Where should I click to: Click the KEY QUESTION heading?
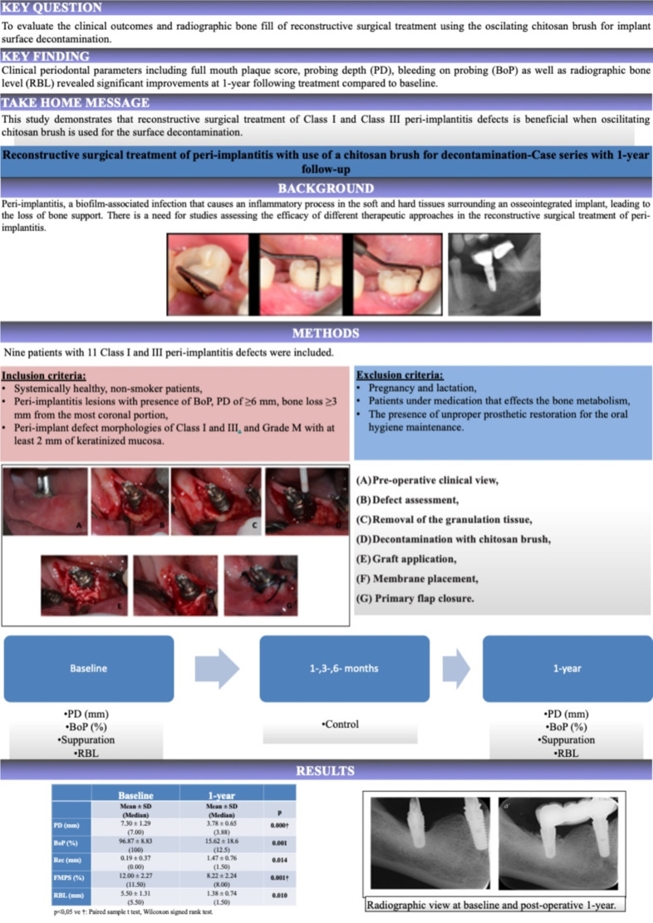pyautogui.click(x=52, y=7)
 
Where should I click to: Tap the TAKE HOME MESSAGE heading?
pyautogui.click(x=76, y=103)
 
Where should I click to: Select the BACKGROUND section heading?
pyautogui.click(x=326, y=189)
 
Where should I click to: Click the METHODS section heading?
pyautogui.click(x=326, y=334)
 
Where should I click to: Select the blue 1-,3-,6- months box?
pyautogui.click(x=344, y=668)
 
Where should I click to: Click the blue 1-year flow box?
pyautogui.click(x=566, y=668)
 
